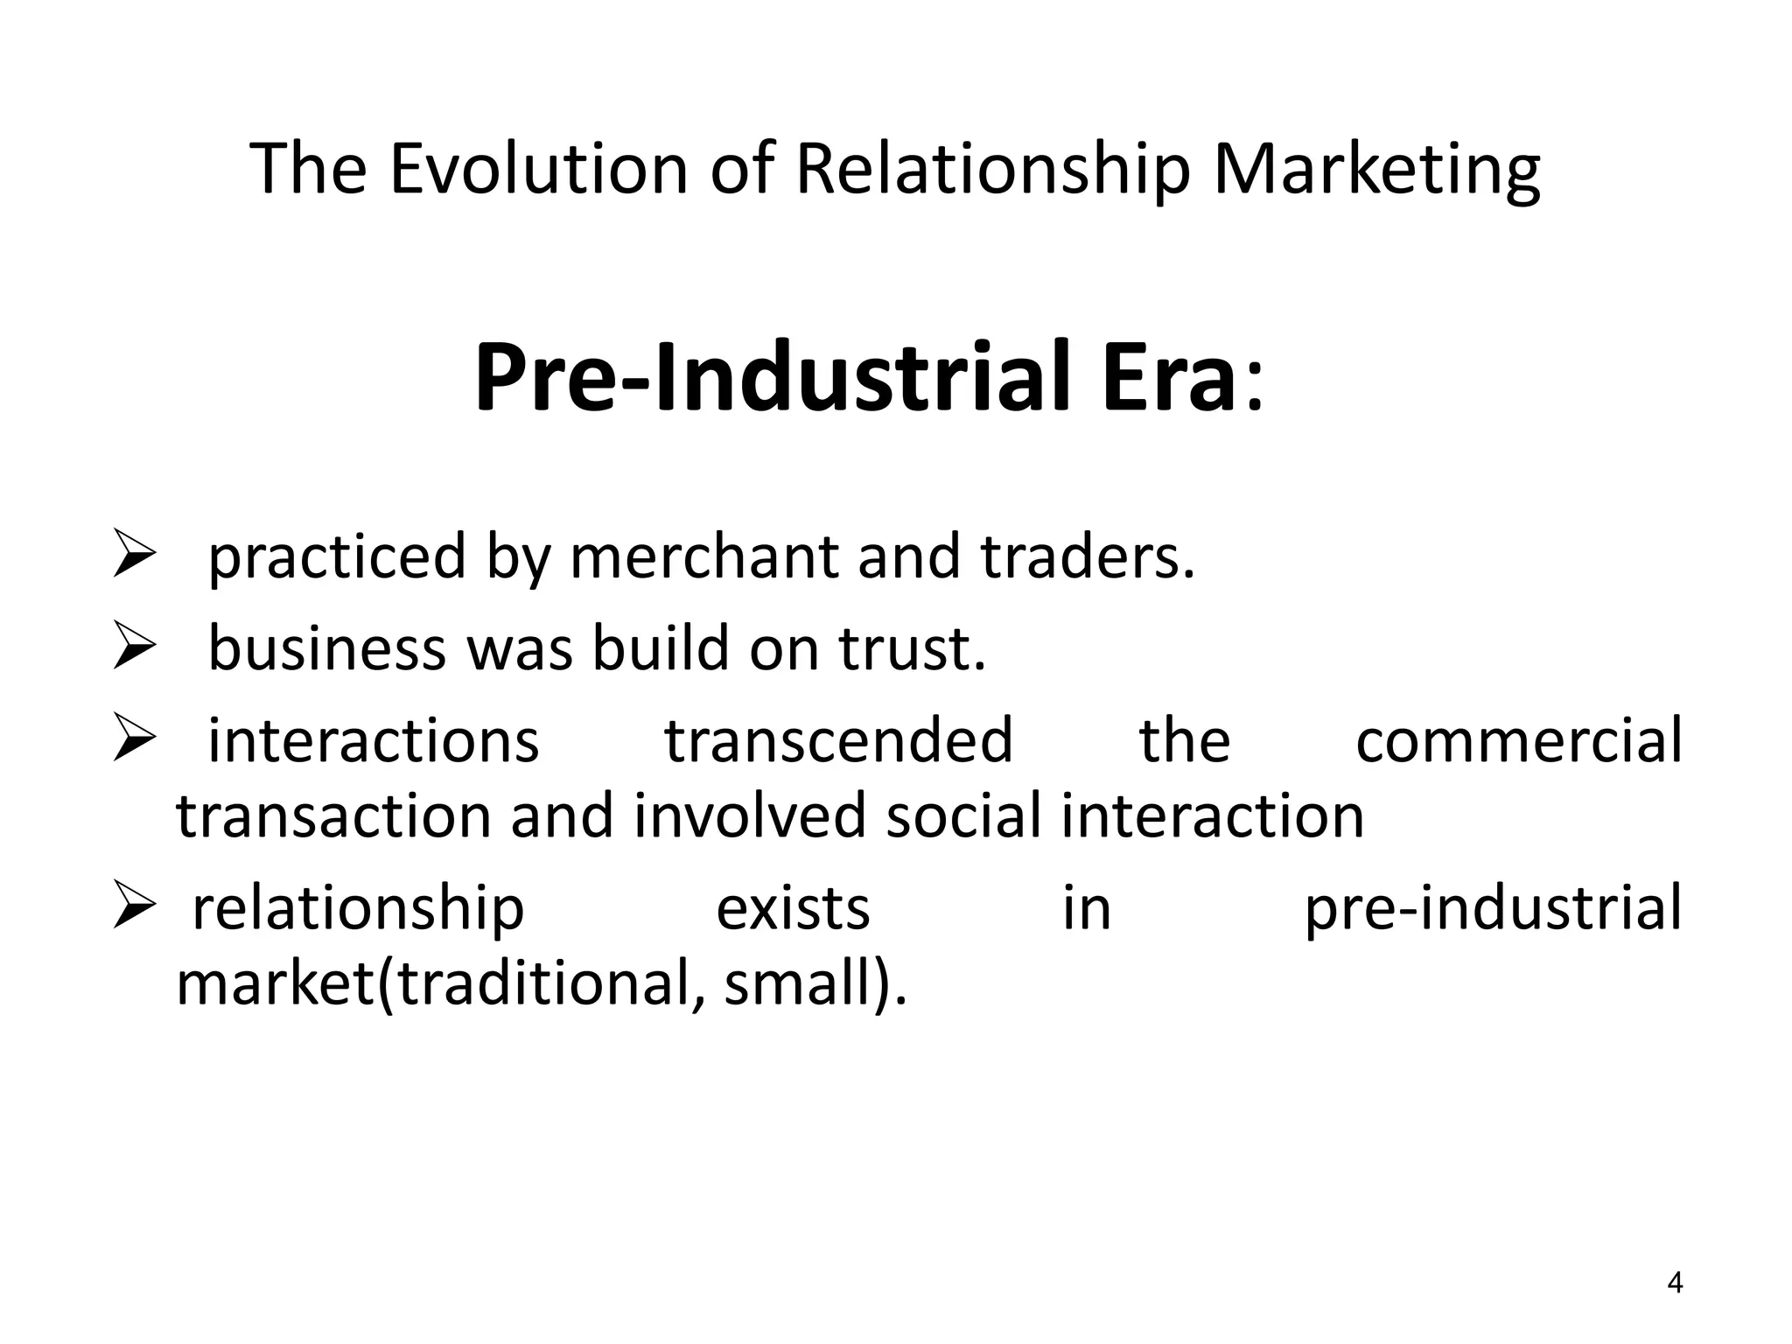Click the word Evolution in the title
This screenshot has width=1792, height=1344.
point(538,168)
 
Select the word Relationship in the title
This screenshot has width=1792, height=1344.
point(993,168)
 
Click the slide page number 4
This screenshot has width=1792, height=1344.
point(1675,1283)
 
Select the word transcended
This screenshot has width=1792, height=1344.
point(838,740)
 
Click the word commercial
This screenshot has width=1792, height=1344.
point(1518,740)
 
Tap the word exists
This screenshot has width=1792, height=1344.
point(793,908)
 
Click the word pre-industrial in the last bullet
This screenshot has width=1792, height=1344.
point(1493,910)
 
